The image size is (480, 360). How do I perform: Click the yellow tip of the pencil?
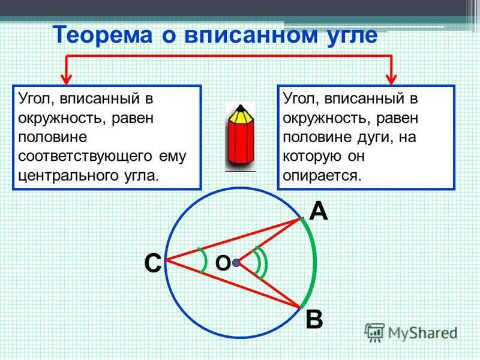pos(240,111)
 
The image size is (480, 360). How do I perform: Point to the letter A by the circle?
pos(319,211)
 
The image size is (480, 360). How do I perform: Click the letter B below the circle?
pos(314,319)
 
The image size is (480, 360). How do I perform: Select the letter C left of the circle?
pos(152,263)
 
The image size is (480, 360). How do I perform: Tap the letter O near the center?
pos(222,263)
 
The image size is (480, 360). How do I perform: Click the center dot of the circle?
pos(236,263)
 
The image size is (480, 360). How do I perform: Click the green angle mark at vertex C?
pos(203,260)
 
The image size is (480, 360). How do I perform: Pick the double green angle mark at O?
pos(260,262)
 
